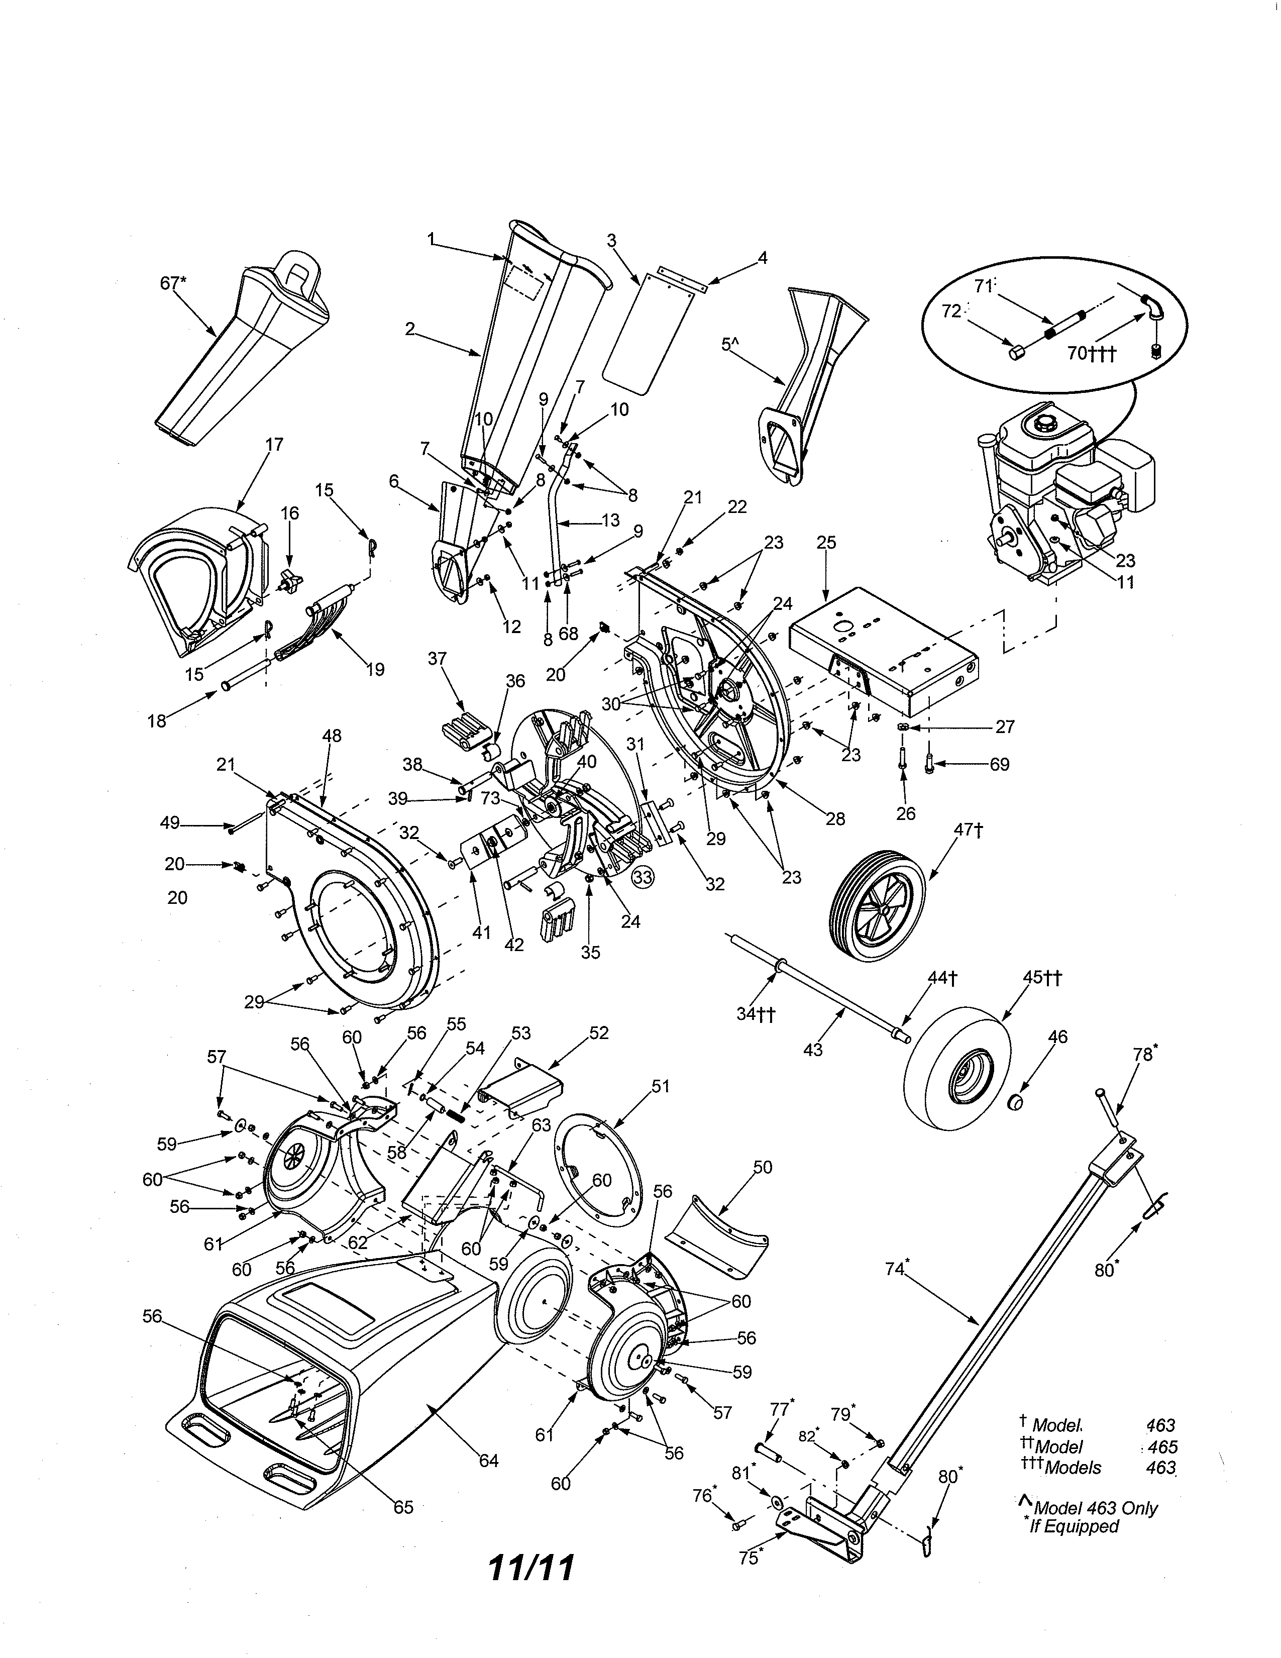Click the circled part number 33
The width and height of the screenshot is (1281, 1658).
[x=643, y=878]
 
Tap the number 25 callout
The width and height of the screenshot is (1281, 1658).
[x=826, y=542]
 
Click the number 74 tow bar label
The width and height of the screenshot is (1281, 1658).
[x=896, y=1268]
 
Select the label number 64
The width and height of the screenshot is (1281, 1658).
[x=489, y=1460]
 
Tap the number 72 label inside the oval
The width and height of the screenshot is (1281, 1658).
[x=951, y=312]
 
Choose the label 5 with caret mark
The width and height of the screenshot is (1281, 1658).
[x=729, y=345]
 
